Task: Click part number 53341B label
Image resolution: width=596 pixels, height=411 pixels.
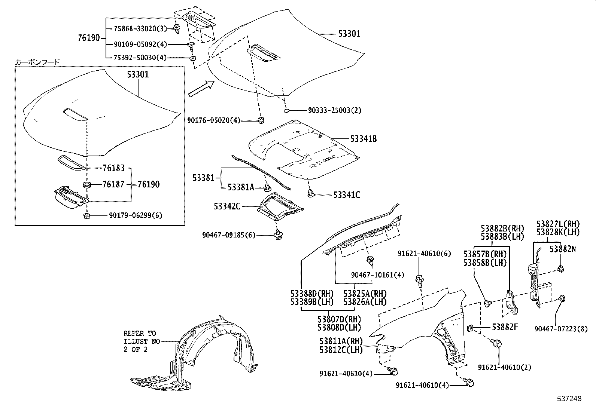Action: [363, 139]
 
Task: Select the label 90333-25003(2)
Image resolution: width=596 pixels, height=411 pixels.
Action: [335, 110]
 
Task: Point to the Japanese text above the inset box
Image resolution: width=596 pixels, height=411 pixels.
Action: [37, 62]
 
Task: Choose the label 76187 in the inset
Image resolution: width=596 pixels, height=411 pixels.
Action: [113, 184]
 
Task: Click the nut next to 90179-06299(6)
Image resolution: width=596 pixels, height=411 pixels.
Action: [86, 216]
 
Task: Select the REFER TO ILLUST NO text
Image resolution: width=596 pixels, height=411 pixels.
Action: [142, 341]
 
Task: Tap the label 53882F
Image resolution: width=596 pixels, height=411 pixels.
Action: [504, 327]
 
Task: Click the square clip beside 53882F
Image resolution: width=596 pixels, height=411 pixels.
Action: [470, 328]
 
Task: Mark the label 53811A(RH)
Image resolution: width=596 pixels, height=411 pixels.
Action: [341, 341]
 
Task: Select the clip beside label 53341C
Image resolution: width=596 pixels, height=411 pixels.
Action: [310, 193]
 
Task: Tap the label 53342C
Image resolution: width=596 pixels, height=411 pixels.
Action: [227, 206]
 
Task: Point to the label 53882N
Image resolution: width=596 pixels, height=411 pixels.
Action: [563, 249]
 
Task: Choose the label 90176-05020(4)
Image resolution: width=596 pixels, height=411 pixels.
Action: [213, 120]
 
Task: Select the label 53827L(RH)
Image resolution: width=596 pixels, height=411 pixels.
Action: [558, 224]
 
